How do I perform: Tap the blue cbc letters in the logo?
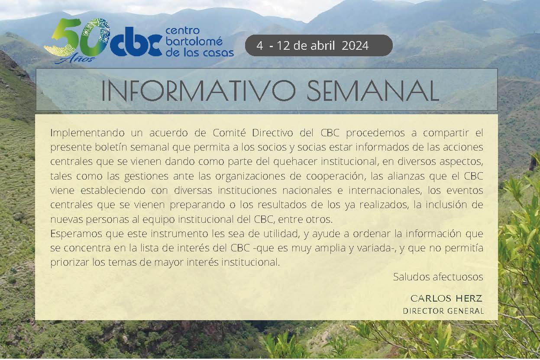pyautogui.click(x=136, y=45)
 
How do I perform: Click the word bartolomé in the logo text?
pyautogui.click(x=194, y=42)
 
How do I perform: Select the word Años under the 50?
pyautogui.click(x=75, y=58)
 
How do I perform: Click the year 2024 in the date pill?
pyautogui.click(x=355, y=45)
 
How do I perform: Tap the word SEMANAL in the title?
pyautogui.click(x=373, y=91)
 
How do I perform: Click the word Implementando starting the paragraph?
pyautogui.click(x=87, y=133)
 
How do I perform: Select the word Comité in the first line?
pyautogui.click(x=229, y=133)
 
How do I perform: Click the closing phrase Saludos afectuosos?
pyautogui.click(x=438, y=277)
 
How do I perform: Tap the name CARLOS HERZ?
pyautogui.click(x=446, y=299)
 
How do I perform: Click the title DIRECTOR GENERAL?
pyautogui.click(x=443, y=311)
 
